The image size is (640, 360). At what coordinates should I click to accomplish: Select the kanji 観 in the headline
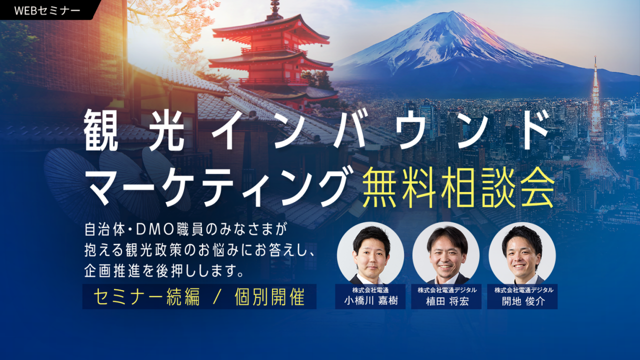105,131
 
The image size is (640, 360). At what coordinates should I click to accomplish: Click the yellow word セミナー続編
146,297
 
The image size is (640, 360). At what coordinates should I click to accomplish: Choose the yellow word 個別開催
269,297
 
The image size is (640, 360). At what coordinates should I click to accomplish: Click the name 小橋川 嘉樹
370,301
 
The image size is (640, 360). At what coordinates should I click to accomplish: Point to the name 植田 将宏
446,301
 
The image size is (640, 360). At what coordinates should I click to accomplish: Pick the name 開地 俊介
522,301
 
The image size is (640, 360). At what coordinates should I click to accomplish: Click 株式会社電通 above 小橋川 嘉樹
370,290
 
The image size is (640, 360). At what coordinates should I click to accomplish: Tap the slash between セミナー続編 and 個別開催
216,297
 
